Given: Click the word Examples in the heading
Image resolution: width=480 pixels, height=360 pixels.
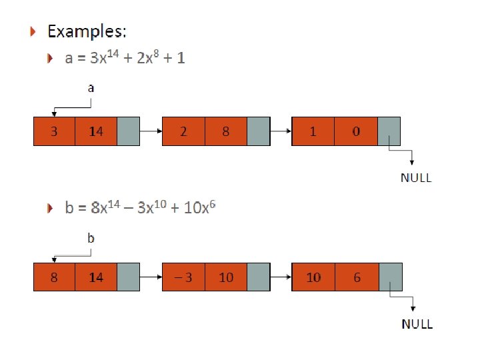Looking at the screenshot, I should pos(87,31).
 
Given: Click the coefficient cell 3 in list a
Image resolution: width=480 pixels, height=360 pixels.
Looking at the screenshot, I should pos(54,131).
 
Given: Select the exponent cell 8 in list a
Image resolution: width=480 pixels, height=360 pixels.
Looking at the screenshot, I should pos(225,131).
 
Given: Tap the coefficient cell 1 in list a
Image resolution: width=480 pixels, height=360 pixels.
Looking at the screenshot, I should pos(313,131).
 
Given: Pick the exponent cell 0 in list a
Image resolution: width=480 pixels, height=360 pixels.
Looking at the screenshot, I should pos(356,131).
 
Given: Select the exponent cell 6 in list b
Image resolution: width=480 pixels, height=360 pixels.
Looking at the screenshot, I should pos(357,277).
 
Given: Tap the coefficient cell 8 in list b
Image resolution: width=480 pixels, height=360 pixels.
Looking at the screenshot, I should pos(54,277).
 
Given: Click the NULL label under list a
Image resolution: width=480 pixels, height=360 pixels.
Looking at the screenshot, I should pos(416,178).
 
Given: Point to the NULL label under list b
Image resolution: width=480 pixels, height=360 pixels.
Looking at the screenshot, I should pos(417,324).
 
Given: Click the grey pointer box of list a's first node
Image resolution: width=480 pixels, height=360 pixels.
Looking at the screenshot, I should pos(128,131).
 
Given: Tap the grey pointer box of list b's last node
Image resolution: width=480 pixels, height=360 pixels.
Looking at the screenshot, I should pos(390,277).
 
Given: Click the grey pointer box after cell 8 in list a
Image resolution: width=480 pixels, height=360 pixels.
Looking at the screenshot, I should pos(258,131).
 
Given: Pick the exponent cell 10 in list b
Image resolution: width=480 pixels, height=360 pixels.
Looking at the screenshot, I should pos(226,277).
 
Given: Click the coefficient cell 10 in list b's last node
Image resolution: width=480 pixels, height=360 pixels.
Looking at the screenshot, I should pos(313,277).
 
